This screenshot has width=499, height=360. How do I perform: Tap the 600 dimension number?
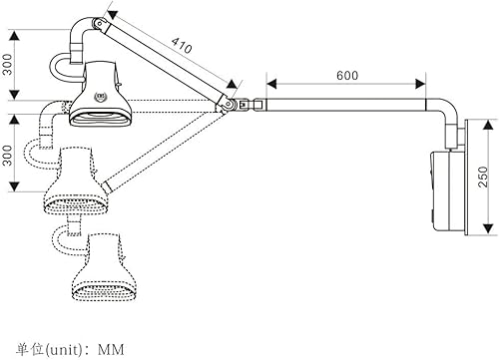(x=347, y=76)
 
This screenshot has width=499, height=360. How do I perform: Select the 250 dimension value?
(x=482, y=178)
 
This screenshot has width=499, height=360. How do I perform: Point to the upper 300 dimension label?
(x=9, y=64)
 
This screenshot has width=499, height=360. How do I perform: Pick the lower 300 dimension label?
(x=9, y=158)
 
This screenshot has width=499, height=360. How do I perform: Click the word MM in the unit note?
(x=110, y=350)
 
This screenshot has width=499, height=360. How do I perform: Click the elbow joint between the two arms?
(x=233, y=103)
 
